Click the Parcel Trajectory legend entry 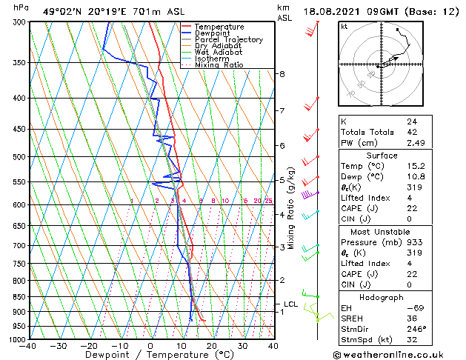click(x=228, y=39)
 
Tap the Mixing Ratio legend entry click(x=219, y=65)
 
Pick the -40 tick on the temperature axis click(x=28, y=346)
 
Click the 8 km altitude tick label click(x=282, y=74)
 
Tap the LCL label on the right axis click(x=291, y=304)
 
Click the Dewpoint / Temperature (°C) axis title click(x=150, y=356)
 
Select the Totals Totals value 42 click(x=412, y=132)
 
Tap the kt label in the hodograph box click(x=344, y=26)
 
